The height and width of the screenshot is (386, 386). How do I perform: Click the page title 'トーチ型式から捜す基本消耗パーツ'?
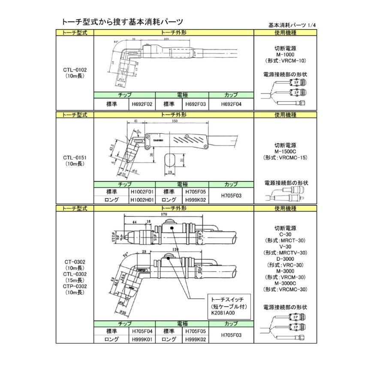point(123,21)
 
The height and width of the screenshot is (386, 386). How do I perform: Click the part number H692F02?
point(142,104)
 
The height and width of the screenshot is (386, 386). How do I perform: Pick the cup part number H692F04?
point(231,104)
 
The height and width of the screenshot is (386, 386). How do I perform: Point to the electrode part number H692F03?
point(195,104)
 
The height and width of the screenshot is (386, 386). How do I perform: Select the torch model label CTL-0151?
point(75,157)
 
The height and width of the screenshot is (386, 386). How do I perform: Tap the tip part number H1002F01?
point(142,192)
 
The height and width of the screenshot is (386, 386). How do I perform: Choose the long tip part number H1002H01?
point(142,199)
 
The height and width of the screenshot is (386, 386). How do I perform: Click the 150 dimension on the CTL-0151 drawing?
point(175,122)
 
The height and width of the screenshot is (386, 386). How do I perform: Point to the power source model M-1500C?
point(285,152)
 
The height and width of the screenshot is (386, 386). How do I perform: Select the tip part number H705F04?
point(142,332)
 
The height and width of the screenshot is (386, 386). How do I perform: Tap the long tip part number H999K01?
point(142,339)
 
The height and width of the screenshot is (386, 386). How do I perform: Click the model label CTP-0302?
point(75,286)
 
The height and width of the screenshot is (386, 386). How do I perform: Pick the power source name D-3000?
point(285,259)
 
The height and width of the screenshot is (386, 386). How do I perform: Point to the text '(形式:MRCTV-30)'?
point(285,253)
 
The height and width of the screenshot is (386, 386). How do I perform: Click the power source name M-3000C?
point(285,283)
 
